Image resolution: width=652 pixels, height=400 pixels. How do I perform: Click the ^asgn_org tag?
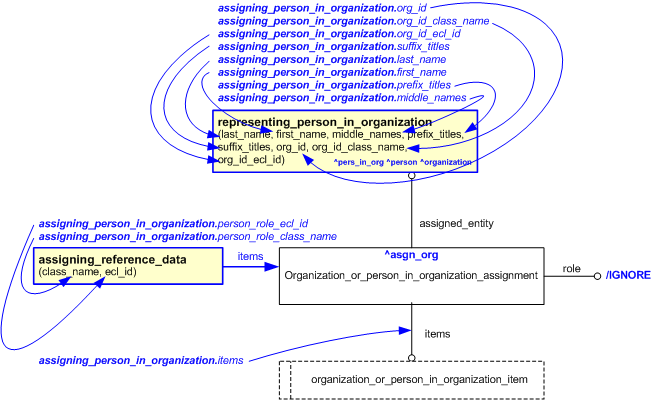point(410,255)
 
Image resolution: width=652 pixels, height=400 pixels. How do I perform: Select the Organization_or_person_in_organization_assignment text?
point(410,274)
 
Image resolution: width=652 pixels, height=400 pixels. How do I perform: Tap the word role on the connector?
point(571,269)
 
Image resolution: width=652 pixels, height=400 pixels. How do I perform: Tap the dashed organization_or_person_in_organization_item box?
point(410,380)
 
